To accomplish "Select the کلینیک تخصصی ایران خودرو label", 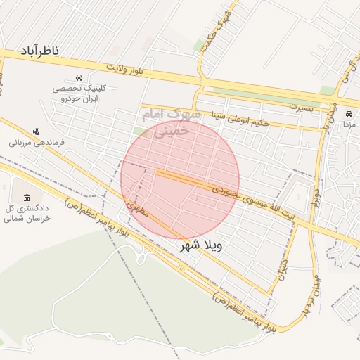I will tap(77, 94).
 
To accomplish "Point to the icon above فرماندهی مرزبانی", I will tap(37, 131).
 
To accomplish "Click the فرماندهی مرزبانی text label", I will tap(37, 142).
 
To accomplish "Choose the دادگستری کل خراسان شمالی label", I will tap(28, 214).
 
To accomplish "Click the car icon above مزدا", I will tap(349, 114).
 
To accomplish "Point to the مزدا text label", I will tap(349, 124).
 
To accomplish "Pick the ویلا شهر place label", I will tap(201, 246).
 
